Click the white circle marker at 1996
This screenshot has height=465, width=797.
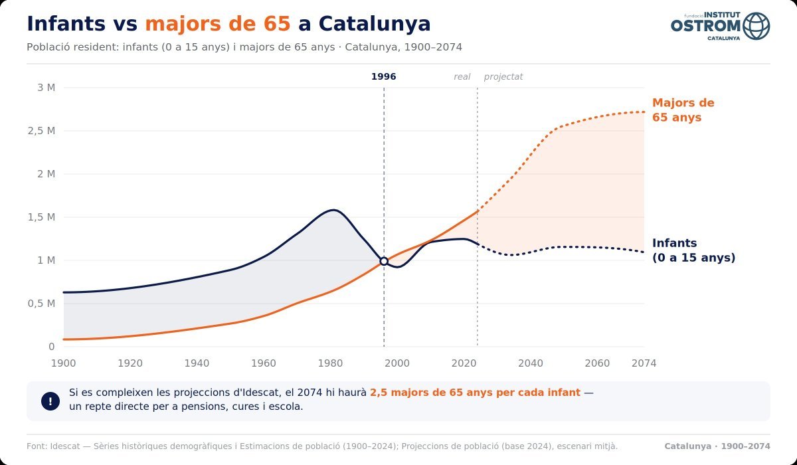(x=384, y=261)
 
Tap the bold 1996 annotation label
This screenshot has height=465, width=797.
(x=384, y=77)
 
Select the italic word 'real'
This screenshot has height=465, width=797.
(x=462, y=77)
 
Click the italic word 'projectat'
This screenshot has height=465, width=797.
(x=503, y=77)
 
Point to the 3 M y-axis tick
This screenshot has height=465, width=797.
(x=46, y=88)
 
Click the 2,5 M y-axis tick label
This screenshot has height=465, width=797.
(x=42, y=131)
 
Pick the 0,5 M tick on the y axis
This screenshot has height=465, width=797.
(x=42, y=304)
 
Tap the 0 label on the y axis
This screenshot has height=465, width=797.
(x=52, y=347)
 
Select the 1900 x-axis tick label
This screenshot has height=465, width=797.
(x=63, y=363)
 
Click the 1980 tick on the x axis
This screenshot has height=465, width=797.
(x=330, y=363)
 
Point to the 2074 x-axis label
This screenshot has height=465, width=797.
(x=644, y=363)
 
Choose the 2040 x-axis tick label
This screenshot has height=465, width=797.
(x=531, y=363)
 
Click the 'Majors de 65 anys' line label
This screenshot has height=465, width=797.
(x=683, y=110)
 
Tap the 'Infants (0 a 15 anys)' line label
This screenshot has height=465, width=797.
(x=694, y=250)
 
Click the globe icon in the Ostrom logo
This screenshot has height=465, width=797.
(x=756, y=26)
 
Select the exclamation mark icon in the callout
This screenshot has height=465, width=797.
(x=50, y=401)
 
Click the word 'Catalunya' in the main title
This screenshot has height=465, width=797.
(x=375, y=24)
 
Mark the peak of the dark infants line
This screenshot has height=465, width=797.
(x=333, y=210)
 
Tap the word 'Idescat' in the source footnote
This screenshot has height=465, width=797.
(x=65, y=446)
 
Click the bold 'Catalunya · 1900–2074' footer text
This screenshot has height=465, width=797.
(x=717, y=446)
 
